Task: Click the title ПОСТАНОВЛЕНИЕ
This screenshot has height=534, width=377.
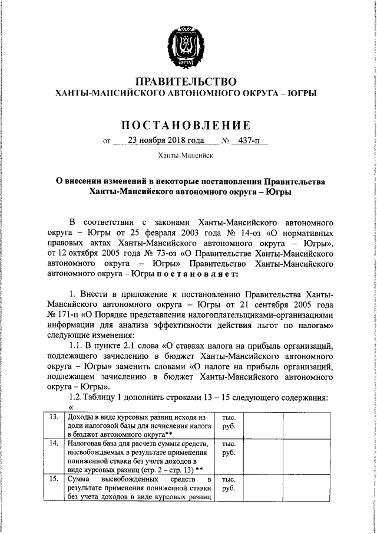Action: coord(186,125)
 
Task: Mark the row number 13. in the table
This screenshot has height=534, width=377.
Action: coord(54,417)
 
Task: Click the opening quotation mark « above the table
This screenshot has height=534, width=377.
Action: coord(72,407)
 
